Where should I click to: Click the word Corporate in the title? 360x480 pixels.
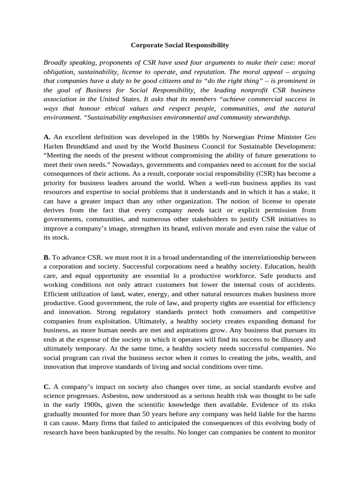(x=146, y=45)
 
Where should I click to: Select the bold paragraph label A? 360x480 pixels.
(x=46, y=137)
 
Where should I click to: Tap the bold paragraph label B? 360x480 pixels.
(x=46, y=257)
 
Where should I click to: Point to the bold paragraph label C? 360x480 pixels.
(x=47, y=387)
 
